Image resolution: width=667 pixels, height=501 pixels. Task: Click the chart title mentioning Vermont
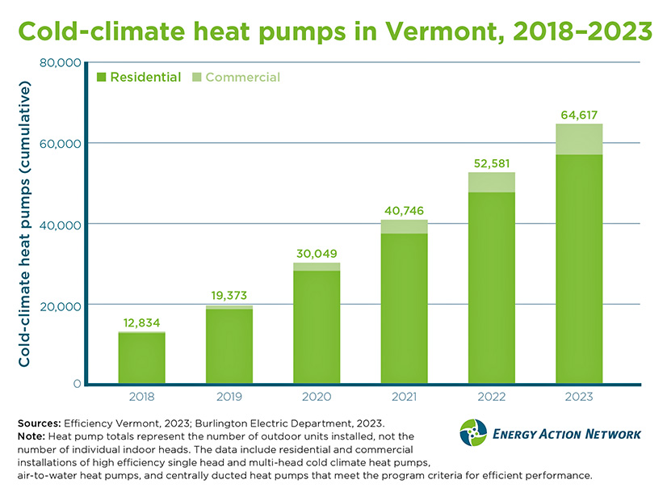(x=334, y=31)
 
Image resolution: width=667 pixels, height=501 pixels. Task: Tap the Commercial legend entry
(x=242, y=78)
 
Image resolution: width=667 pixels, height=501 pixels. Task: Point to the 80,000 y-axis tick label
(x=61, y=62)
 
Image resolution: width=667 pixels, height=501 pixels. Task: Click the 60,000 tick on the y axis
(x=61, y=143)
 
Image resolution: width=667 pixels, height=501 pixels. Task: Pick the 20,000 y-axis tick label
(x=61, y=305)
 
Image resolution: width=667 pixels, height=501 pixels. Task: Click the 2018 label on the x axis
(x=141, y=397)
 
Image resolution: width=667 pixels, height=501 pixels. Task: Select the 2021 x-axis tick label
(x=404, y=397)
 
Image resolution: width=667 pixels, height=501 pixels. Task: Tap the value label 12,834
(x=142, y=322)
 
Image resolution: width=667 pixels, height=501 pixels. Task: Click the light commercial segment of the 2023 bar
(x=579, y=139)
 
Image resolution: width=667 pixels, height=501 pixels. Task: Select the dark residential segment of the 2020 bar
(x=317, y=327)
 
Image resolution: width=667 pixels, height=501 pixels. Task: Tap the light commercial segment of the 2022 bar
(x=491, y=182)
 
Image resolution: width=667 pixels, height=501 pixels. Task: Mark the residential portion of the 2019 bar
(x=229, y=347)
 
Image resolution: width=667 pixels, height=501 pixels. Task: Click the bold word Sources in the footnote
(x=39, y=423)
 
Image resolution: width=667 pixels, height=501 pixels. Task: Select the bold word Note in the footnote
(x=31, y=436)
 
